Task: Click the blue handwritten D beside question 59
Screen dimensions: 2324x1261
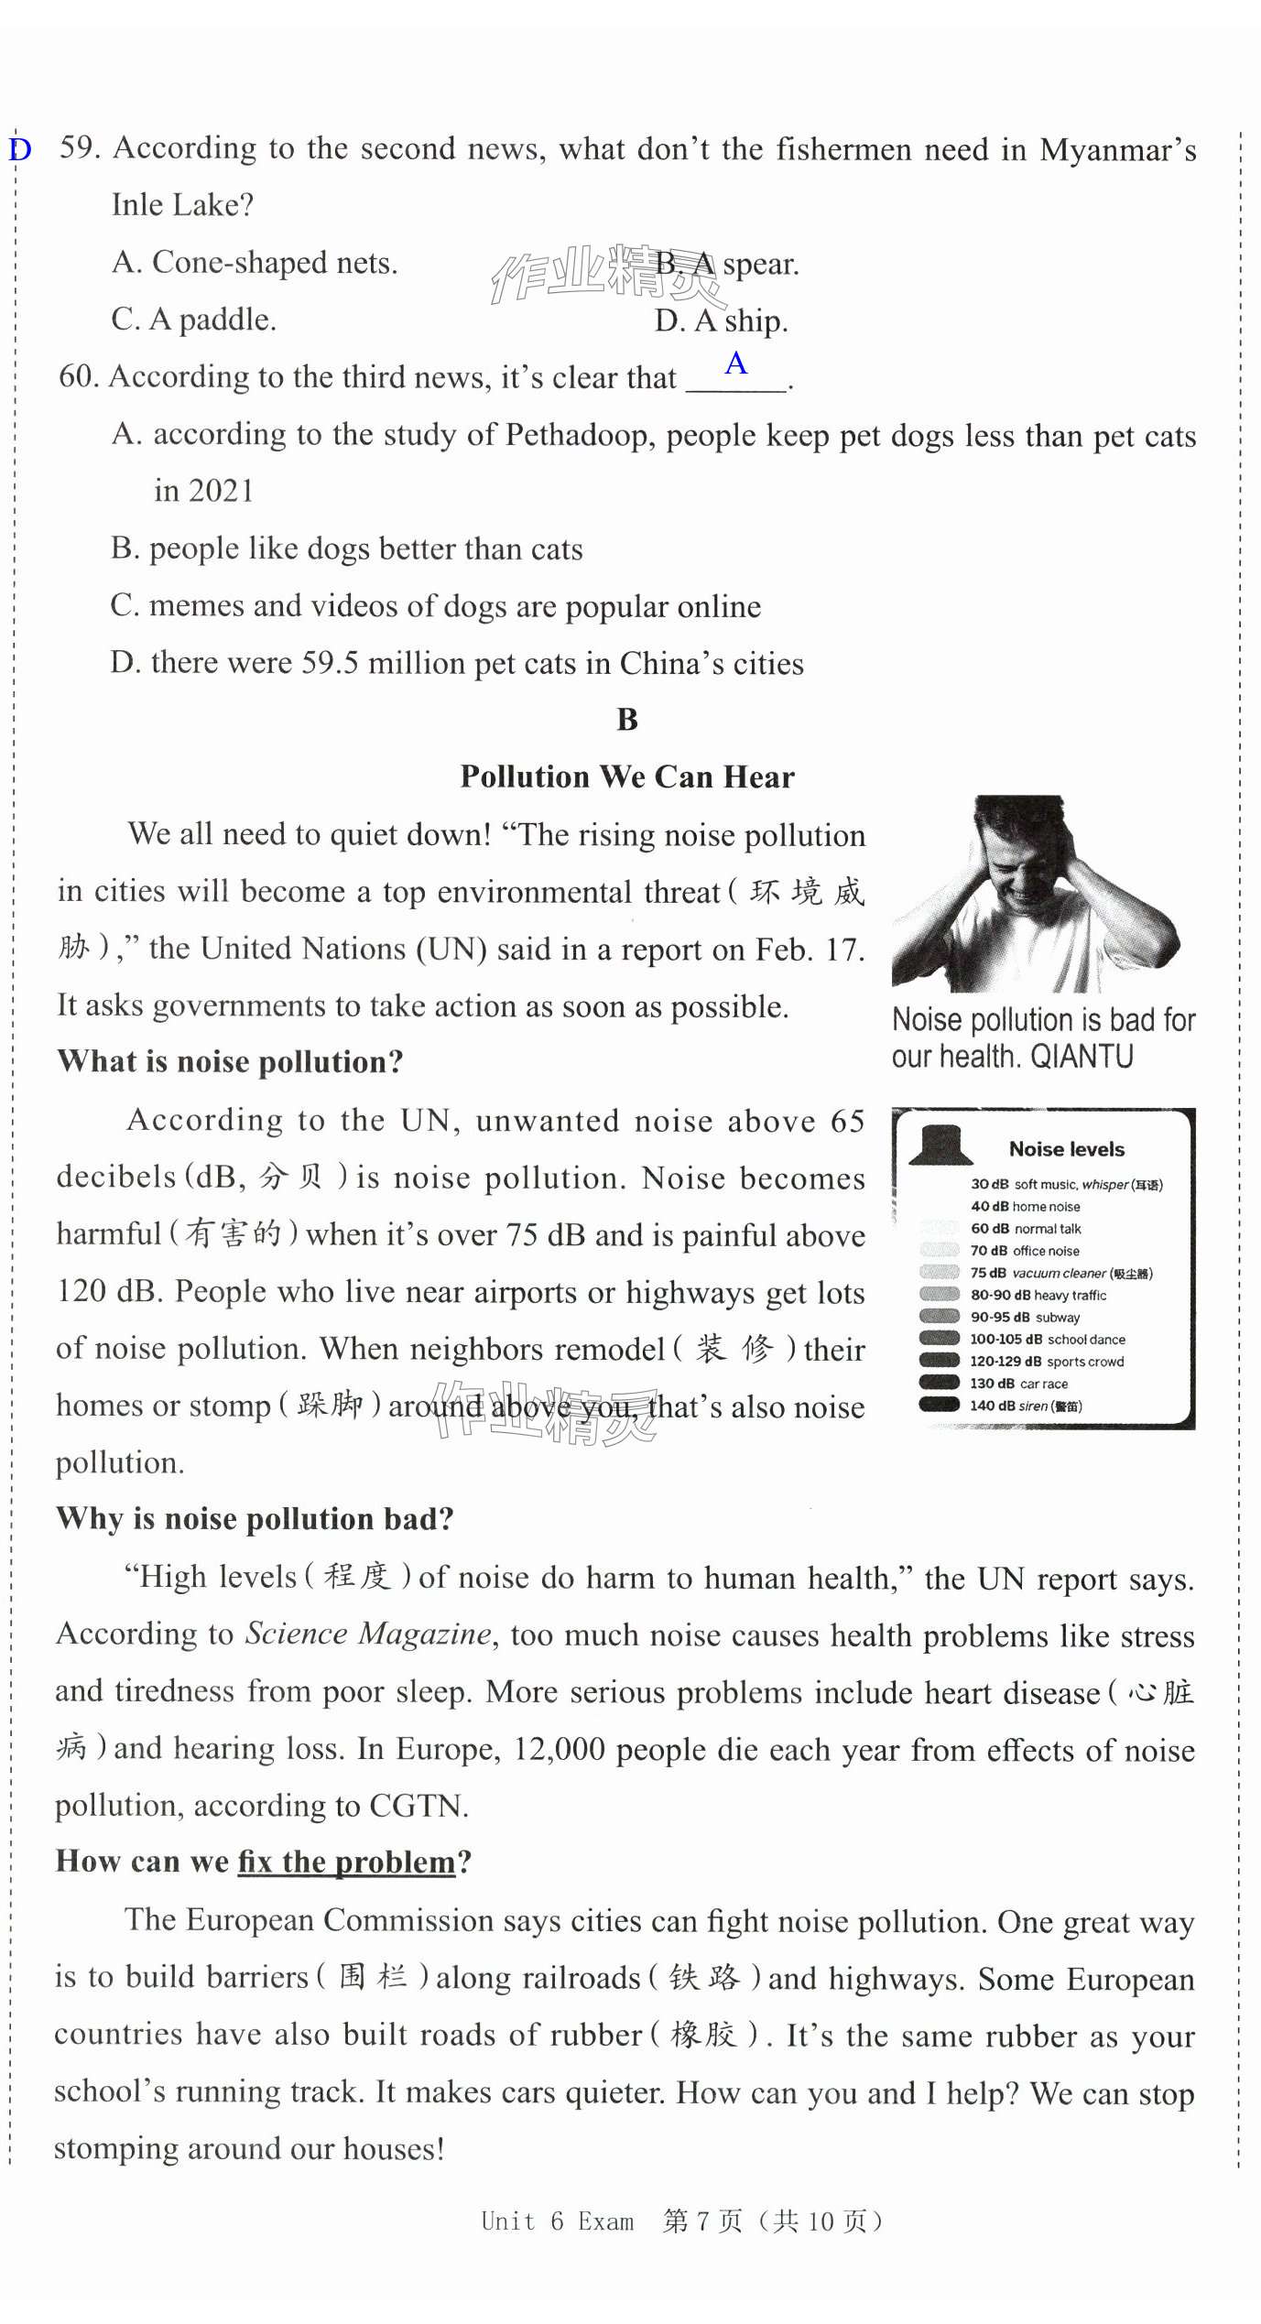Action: pos(20,149)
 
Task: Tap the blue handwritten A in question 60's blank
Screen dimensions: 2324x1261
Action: pos(735,364)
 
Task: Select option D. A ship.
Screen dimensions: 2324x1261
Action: pos(721,320)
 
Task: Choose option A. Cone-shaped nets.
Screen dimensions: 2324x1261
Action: pos(255,263)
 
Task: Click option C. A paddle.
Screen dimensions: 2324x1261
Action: pos(193,320)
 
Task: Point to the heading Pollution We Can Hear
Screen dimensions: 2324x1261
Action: pos(627,776)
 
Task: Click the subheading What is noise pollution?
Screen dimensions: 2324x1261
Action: pos(230,1061)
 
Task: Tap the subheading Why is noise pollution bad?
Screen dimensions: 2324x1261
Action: pos(255,1518)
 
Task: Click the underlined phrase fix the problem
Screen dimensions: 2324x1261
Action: pos(346,1862)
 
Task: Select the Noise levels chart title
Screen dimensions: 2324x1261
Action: pos(1066,1149)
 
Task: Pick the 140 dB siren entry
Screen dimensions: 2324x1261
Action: pos(1026,1406)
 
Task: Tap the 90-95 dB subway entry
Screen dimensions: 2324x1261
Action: pos(1025,1317)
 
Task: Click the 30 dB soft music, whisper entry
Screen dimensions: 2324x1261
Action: pos(1066,1184)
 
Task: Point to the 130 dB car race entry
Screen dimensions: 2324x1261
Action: pos(1018,1384)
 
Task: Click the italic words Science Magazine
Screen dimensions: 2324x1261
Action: pos(368,1634)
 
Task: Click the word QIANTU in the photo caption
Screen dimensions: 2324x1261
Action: pos(1082,1057)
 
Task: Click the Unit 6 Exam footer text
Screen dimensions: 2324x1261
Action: pos(557,2221)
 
